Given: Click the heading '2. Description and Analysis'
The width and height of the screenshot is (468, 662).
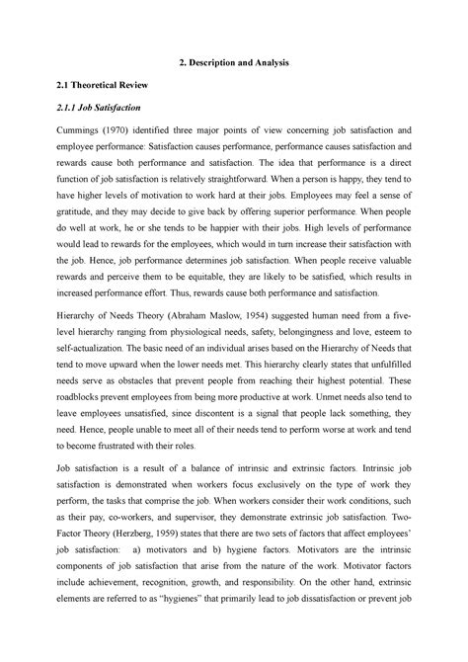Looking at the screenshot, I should pos(233,64).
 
